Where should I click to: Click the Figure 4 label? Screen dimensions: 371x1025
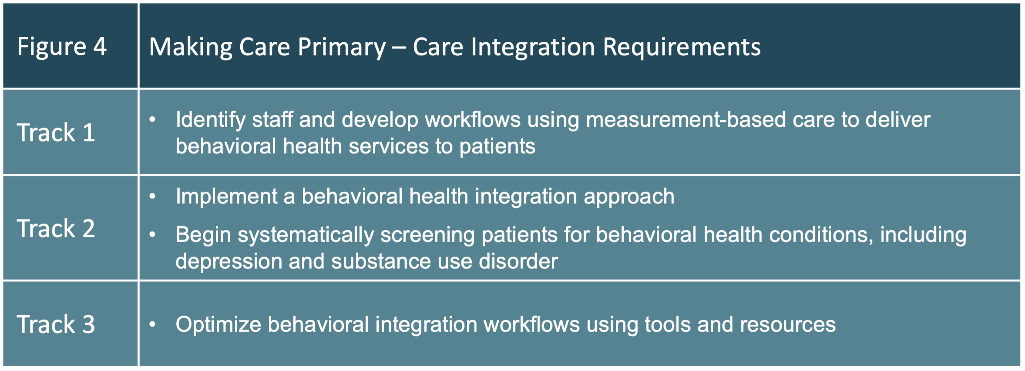tap(62, 46)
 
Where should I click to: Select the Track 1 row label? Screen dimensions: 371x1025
tap(56, 132)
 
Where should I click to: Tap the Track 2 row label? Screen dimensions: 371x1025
tap(56, 228)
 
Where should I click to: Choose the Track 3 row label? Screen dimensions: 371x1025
tap(56, 324)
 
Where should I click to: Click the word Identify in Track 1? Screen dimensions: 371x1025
tap(210, 120)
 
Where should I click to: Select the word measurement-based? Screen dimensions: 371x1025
tap(686, 120)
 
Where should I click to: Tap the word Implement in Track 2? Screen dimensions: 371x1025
tap(226, 196)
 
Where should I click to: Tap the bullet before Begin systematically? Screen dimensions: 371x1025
tap(152, 235)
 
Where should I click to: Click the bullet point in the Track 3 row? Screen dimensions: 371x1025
tap(152, 324)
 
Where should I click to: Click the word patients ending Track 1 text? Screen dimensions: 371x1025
tap(497, 146)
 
